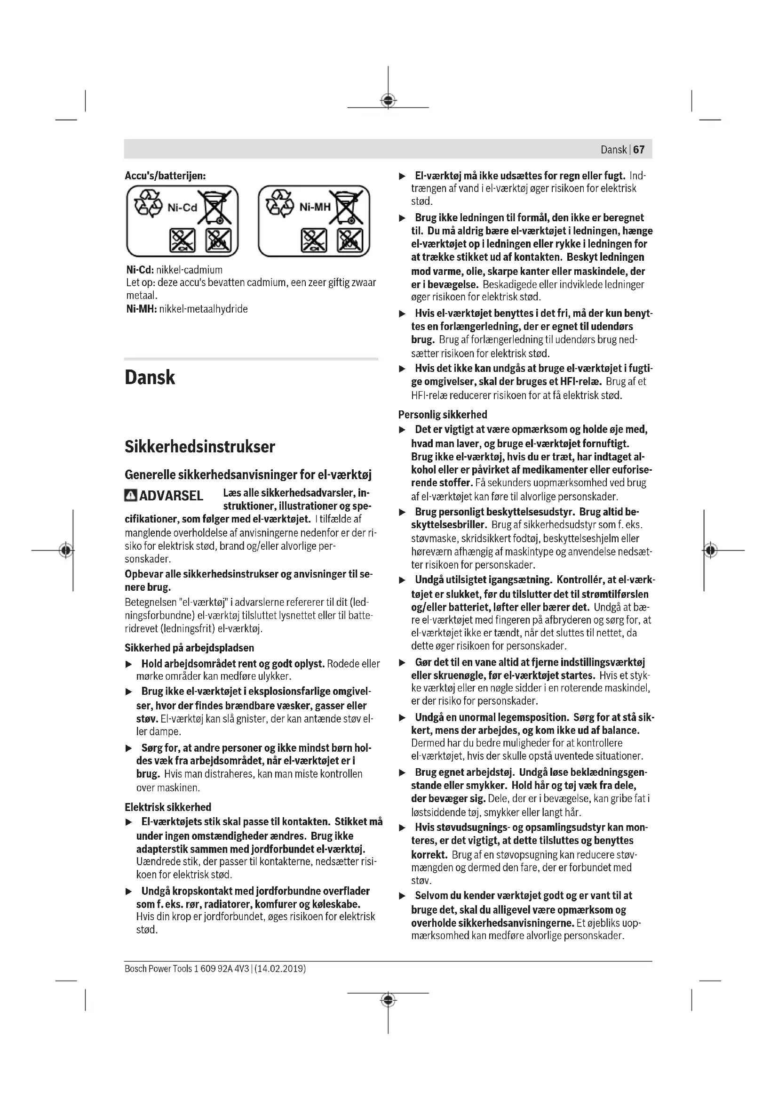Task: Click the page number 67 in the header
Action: point(639,150)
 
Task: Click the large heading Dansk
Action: point(150,378)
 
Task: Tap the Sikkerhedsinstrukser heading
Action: point(200,447)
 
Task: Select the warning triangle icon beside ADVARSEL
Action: point(130,495)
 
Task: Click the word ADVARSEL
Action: point(171,496)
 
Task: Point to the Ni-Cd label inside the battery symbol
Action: point(182,208)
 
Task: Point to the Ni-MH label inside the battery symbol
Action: point(315,207)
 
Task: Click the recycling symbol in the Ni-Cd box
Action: point(148,203)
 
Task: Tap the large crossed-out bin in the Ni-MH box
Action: point(349,208)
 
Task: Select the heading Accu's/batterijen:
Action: point(165,176)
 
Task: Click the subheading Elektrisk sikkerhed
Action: point(167,807)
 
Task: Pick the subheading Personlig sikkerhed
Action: point(443,415)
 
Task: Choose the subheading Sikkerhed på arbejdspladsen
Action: point(189,648)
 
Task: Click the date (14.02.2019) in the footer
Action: point(280,969)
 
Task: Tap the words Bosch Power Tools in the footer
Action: point(158,969)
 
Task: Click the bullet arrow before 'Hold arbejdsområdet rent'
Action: point(128,665)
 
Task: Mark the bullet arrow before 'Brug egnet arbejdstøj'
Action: point(403,773)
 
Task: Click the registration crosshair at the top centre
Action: point(388,101)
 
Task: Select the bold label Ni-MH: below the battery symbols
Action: point(141,309)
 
